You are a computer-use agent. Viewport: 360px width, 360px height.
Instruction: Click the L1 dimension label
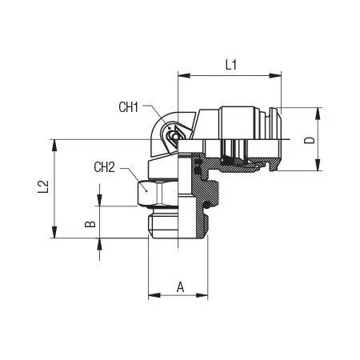(x=231, y=65)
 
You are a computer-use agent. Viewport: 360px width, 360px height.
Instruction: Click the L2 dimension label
(x=43, y=186)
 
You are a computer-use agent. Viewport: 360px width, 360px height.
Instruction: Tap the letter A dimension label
(x=181, y=287)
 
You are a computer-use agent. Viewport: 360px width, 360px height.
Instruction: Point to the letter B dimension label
(x=90, y=224)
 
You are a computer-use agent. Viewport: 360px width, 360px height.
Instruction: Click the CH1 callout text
(x=129, y=107)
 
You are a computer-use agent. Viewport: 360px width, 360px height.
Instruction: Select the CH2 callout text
(x=104, y=167)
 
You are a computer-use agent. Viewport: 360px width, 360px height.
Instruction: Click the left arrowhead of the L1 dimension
(x=184, y=75)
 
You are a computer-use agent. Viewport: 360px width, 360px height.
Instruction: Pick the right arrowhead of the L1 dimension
(x=275, y=75)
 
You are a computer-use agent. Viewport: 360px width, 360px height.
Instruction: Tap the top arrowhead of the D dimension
(x=318, y=114)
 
